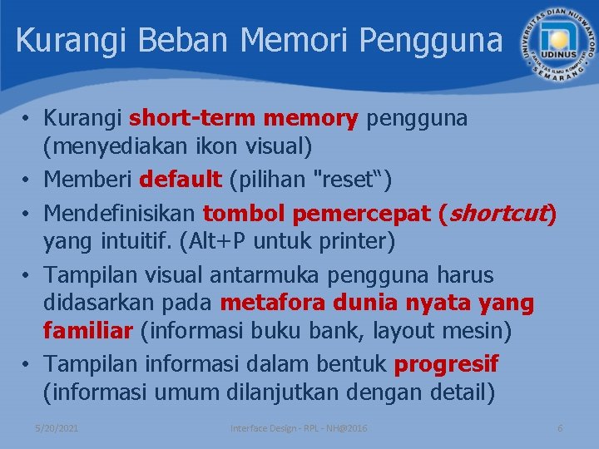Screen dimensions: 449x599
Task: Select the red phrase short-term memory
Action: point(243,119)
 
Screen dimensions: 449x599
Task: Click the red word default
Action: point(181,179)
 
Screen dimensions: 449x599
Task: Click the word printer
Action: point(357,243)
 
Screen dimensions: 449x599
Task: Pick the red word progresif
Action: point(446,363)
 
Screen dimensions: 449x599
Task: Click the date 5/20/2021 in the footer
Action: point(57,427)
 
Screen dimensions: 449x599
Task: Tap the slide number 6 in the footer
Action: point(560,427)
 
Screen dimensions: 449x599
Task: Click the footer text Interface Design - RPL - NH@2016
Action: point(299,427)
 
